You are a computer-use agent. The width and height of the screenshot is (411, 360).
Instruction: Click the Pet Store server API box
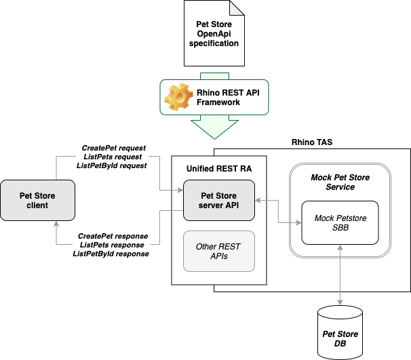click(x=219, y=200)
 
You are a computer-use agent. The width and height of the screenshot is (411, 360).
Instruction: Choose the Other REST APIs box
click(x=219, y=252)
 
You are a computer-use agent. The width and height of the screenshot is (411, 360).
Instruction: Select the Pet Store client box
click(x=37, y=200)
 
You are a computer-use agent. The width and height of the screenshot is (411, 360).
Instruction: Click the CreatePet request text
click(x=114, y=147)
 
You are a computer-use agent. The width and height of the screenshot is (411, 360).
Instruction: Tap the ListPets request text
click(x=114, y=156)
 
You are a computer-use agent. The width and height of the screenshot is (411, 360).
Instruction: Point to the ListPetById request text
click(x=113, y=165)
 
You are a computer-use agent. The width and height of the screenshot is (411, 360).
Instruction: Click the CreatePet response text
click(x=113, y=236)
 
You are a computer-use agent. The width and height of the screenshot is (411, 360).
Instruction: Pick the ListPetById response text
click(x=111, y=254)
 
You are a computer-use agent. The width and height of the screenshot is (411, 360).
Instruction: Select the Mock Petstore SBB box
click(x=340, y=223)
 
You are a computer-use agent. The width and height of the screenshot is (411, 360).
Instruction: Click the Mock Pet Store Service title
click(x=340, y=182)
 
